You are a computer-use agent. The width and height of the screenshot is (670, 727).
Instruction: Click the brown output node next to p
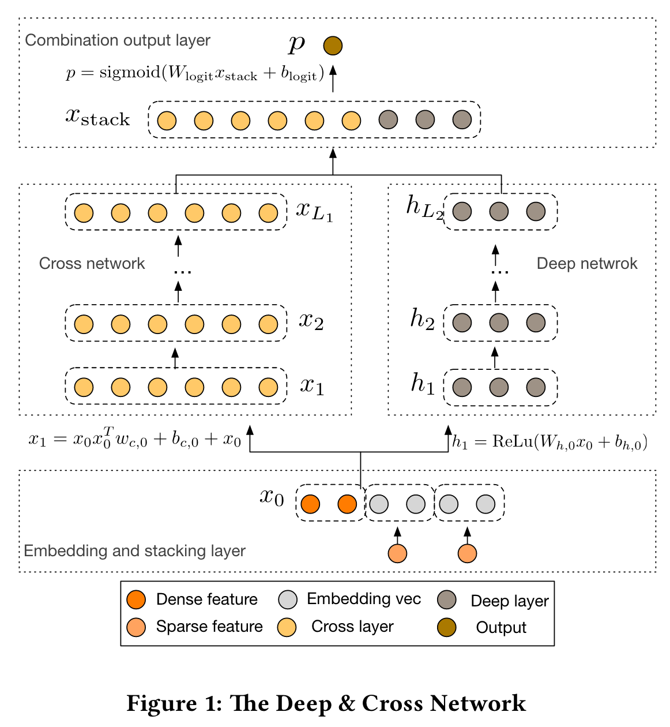coord(333,46)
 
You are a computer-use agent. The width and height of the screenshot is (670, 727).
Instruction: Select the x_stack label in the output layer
coord(97,118)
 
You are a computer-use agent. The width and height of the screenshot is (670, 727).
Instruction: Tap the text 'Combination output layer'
coord(118,40)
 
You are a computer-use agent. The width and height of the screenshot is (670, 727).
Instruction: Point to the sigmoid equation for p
coord(195,73)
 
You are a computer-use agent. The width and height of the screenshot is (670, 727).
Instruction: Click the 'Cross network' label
coord(92,264)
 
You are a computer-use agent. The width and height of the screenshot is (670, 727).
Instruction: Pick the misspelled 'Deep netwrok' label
coord(587,264)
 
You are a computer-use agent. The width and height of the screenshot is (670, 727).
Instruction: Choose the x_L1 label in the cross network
coord(315,212)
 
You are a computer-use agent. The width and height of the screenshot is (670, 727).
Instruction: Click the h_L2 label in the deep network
coord(425,207)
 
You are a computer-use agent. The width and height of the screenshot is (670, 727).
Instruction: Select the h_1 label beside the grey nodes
coord(423,384)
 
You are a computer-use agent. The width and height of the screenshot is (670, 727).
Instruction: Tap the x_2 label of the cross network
coord(311,321)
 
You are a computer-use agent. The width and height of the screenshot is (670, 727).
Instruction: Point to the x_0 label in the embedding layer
coord(272,498)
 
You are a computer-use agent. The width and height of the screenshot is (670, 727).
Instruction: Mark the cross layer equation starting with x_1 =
coord(135,438)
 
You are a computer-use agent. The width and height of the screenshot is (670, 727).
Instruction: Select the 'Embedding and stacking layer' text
coord(135,551)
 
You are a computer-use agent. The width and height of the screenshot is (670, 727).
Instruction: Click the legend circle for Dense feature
coord(136,599)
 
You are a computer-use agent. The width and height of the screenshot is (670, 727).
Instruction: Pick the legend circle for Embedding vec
coord(288,599)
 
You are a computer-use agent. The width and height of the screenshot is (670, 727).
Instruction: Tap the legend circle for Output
coord(447,627)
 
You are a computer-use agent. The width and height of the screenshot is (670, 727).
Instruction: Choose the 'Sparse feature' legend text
coord(210,627)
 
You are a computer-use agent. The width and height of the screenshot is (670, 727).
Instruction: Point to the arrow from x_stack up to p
coord(333,78)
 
